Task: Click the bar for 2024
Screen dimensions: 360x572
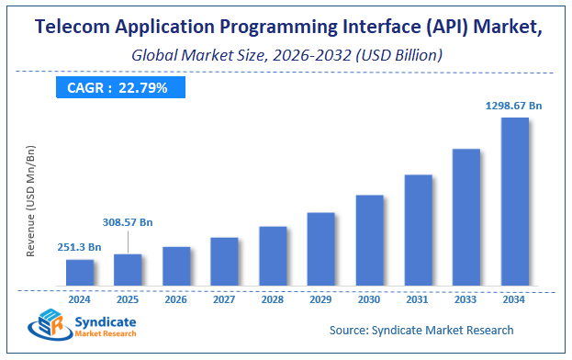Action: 80,272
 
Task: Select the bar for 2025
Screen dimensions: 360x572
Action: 128,269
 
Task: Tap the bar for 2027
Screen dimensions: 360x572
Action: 224,261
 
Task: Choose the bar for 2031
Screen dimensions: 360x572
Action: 418,230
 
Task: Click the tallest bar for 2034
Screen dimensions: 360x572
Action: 514,201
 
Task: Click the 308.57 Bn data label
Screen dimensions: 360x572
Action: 129,222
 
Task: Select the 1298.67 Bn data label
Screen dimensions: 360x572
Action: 514,107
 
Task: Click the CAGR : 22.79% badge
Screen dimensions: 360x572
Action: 119,88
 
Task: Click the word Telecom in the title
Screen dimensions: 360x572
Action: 72,28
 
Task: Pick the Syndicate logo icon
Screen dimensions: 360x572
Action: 50,326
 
